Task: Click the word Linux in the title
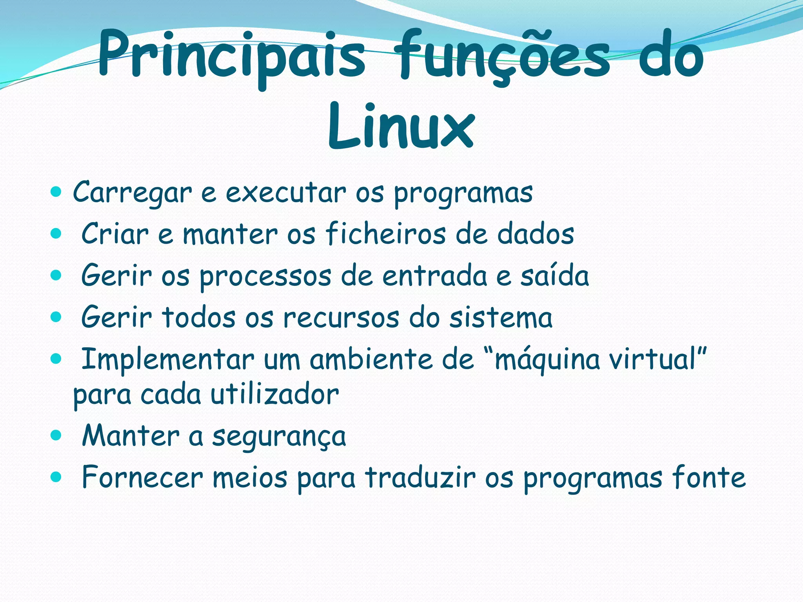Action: pyautogui.click(x=401, y=126)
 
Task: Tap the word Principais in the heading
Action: pyautogui.click(x=231, y=55)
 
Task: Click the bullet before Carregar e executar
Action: pyautogui.click(x=56, y=192)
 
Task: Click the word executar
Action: pyautogui.click(x=286, y=193)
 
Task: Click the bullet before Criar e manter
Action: pyautogui.click(x=56, y=234)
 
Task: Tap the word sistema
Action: pyautogui.click(x=501, y=317)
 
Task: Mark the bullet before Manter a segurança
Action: pyautogui.click(x=56, y=435)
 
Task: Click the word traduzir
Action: pyautogui.click(x=420, y=478)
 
